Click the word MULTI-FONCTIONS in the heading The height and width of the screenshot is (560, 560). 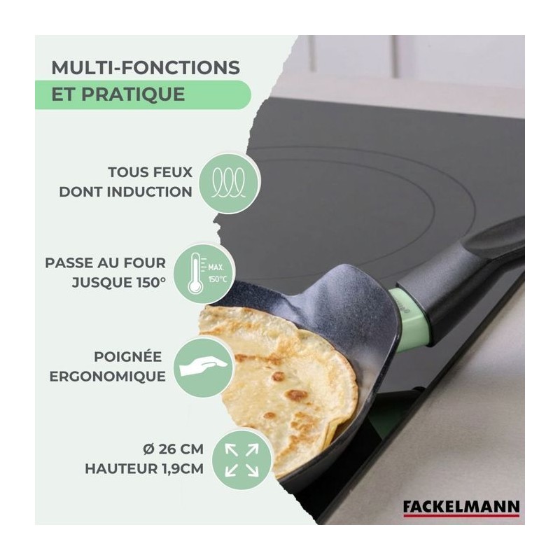146,67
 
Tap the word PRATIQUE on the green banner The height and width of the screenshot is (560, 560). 133,94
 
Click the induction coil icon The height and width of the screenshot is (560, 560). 229,183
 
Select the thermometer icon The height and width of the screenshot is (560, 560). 195,273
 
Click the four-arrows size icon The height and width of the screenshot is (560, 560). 241,460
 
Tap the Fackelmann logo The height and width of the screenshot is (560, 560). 461,508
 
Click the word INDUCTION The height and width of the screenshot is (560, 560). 150,192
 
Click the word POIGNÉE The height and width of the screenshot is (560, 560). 128,356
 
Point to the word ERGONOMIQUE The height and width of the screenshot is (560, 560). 108,377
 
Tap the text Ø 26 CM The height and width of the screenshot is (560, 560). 173,449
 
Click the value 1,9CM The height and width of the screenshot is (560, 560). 183,469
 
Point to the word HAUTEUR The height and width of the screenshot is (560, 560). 121,469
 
